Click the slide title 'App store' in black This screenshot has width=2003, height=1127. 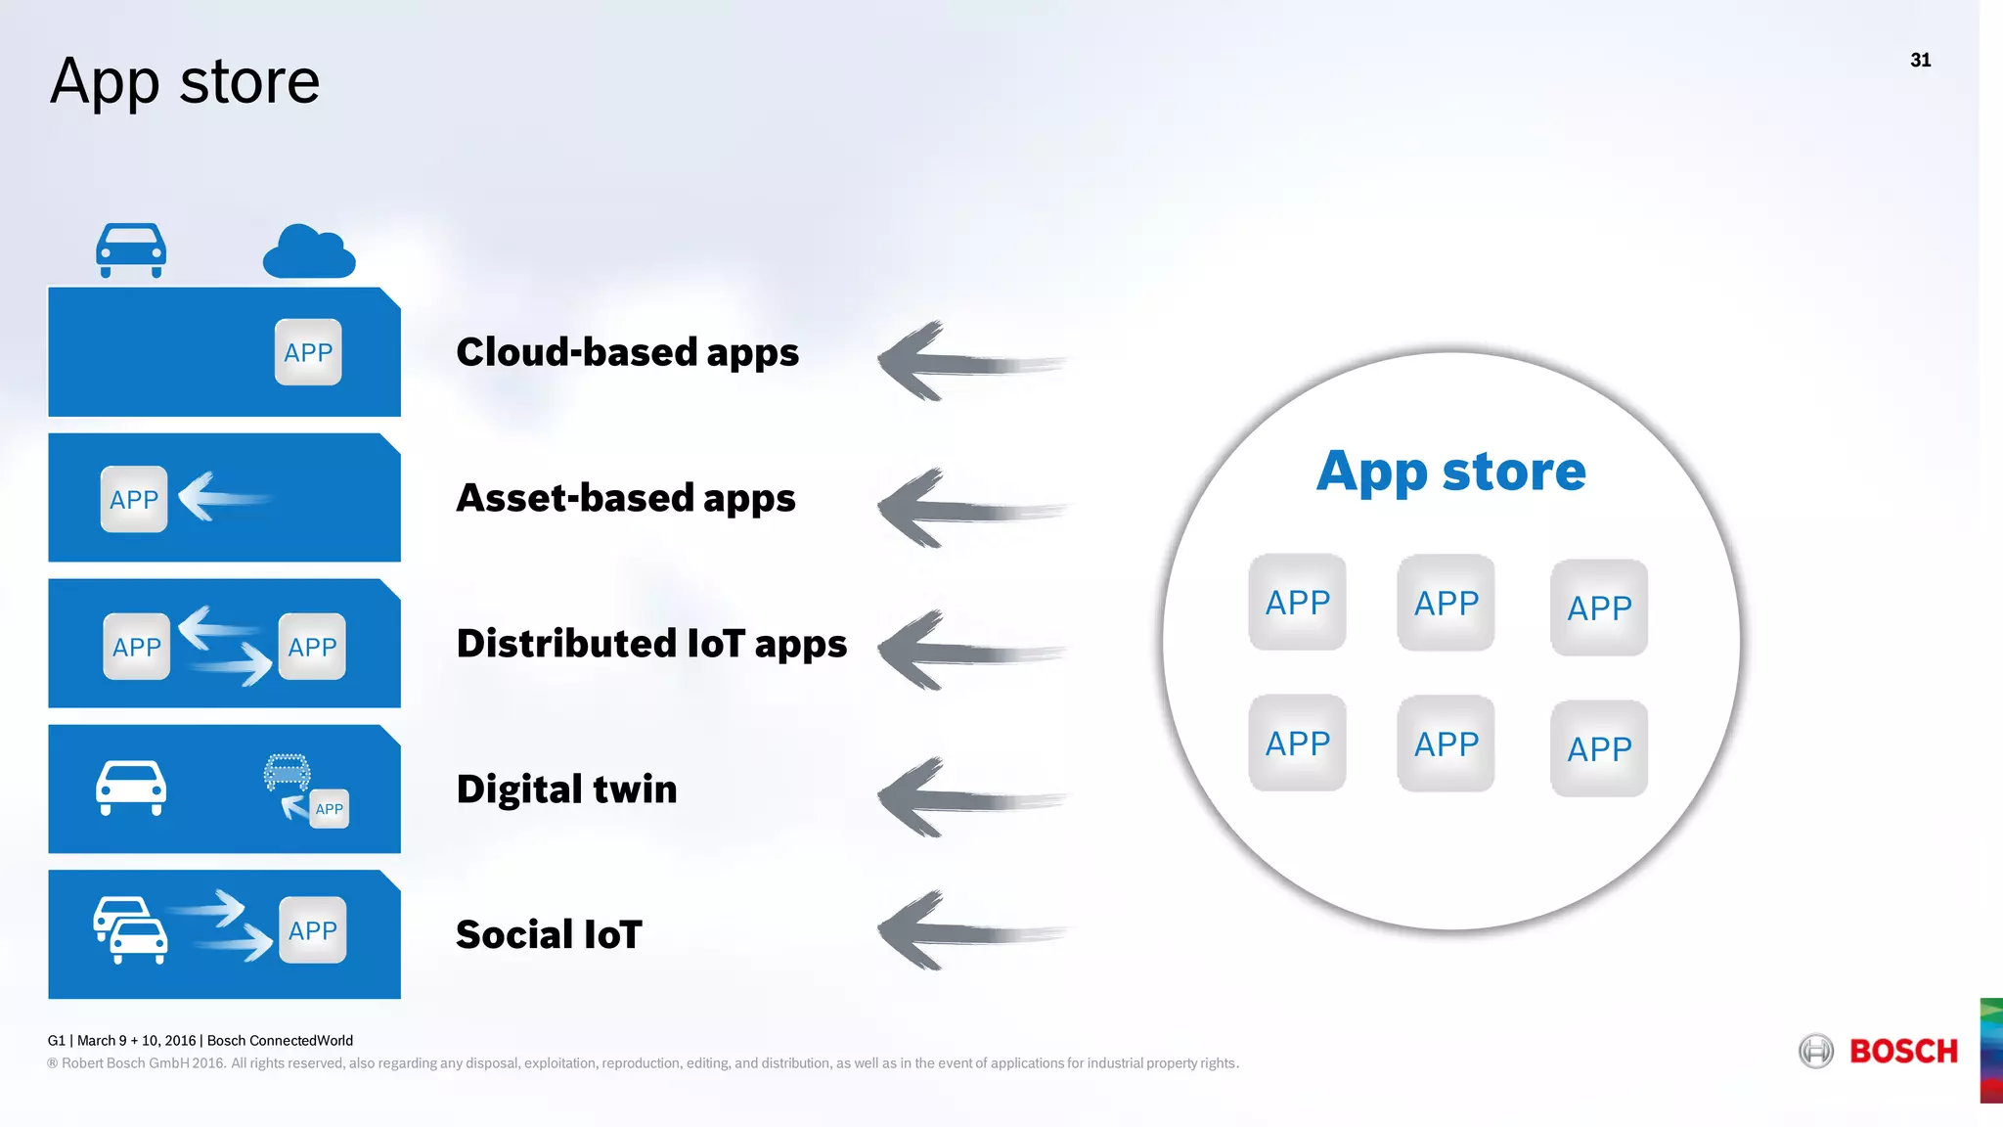click(185, 82)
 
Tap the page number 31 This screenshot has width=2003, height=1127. click(1920, 61)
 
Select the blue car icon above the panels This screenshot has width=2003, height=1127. click(131, 250)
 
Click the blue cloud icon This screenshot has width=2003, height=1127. click(308, 253)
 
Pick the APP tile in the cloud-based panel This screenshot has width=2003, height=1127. click(308, 352)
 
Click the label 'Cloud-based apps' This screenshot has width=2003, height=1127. click(627, 353)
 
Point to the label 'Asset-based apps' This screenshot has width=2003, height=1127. click(626, 499)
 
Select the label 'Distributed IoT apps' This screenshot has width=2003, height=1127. click(651, 645)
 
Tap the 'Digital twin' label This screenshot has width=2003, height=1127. click(566, 789)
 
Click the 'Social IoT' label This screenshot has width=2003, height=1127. click(549, 935)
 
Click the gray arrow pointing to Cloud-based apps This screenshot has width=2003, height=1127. click(968, 362)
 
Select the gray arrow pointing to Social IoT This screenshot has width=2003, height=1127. click(968, 931)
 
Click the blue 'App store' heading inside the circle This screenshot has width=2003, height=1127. click(1450, 473)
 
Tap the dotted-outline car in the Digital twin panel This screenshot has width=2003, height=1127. click(287, 772)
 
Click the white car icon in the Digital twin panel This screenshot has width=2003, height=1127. click(131, 788)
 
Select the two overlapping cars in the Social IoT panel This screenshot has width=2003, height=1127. click(131, 930)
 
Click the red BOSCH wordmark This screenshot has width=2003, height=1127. click(1903, 1052)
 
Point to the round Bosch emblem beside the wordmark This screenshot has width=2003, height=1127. click(1816, 1052)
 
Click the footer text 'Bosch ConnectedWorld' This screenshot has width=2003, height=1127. click(280, 1041)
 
